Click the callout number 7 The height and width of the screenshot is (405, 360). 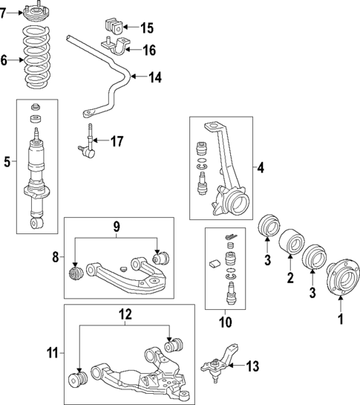click(x=4, y=13)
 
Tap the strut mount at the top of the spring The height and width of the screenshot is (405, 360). click(x=36, y=14)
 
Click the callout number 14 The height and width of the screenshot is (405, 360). click(x=154, y=76)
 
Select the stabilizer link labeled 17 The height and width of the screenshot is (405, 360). click(x=88, y=143)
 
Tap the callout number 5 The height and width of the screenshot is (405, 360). click(x=7, y=161)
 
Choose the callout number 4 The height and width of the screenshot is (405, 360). click(x=260, y=169)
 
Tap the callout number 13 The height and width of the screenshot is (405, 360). click(x=253, y=366)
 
